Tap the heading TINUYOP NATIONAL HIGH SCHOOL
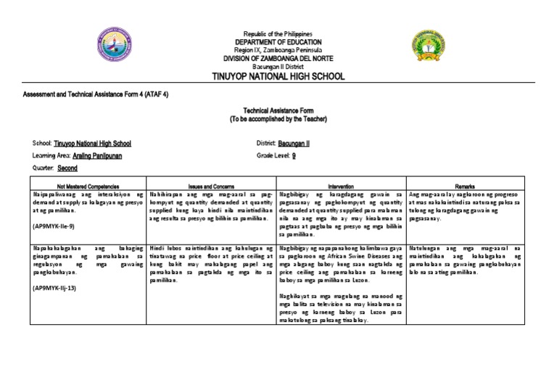(278, 76)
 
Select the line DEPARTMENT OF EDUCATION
(278, 42)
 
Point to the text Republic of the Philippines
(278, 34)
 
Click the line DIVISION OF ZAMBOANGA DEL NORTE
(278, 58)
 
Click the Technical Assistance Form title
(278, 111)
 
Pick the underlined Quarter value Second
(67, 168)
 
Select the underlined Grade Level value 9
(294, 155)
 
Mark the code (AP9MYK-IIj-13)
(57, 288)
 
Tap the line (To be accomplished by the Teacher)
(278, 118)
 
